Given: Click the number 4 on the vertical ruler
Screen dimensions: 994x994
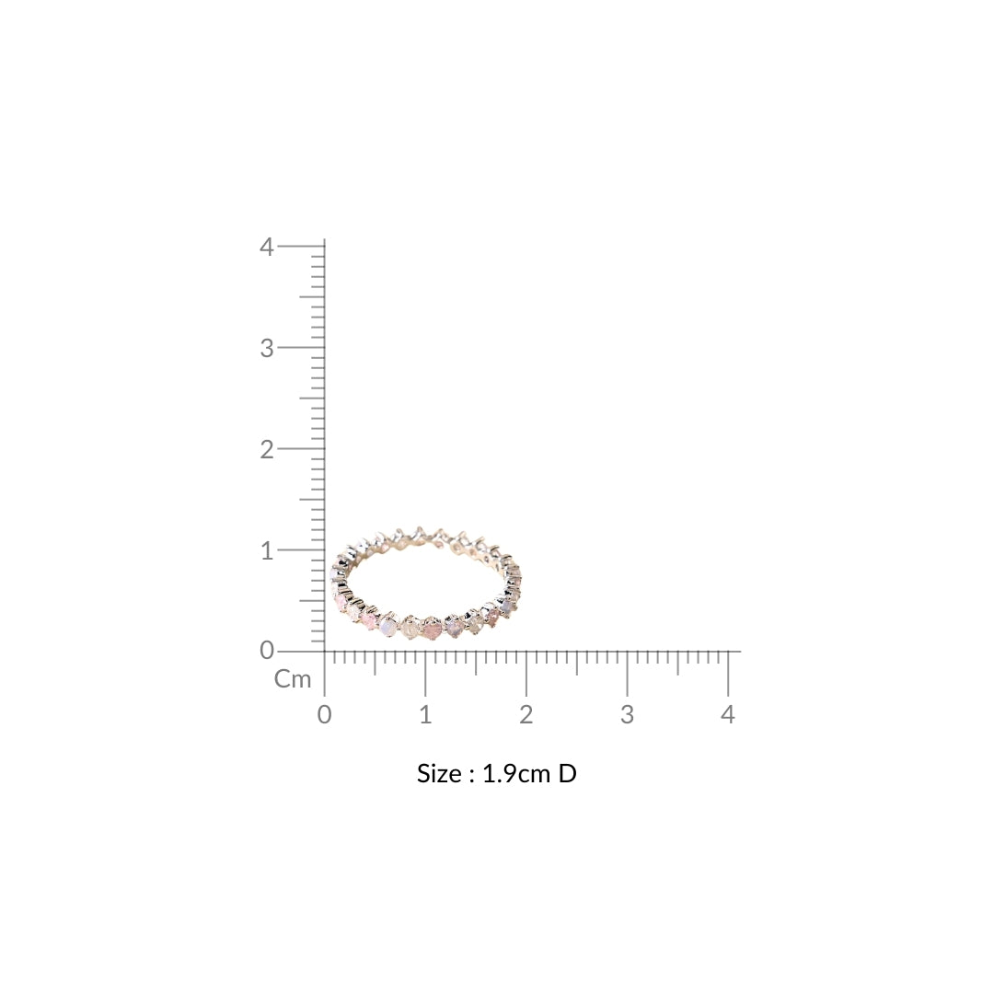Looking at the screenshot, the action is pyautogui.click(x=266, y=247).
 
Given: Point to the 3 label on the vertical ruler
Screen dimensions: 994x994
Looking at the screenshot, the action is pyautogui.click(x=266, y=348).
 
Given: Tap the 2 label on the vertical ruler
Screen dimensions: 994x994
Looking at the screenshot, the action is pyautogui.click(x=266, y=449).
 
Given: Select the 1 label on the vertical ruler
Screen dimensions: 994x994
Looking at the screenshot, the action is pyautogui.click(x=267, y=551).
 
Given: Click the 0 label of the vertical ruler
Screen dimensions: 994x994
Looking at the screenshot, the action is pyautogui.click(x=267, y=651).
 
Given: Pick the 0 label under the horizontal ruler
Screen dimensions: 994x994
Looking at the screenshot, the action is pyautogui.click(x=325, y=715).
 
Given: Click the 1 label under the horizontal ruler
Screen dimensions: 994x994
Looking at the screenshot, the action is pyautogui.click(x=425, y=715).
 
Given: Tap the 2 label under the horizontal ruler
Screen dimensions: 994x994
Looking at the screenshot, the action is pyautogui.click(x=526, y=715).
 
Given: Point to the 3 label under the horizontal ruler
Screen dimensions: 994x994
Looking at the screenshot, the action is pyautogui.click(x=627, y=715).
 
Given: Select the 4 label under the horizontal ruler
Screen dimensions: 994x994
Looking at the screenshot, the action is pyautogui.click(x=728, y=715).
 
